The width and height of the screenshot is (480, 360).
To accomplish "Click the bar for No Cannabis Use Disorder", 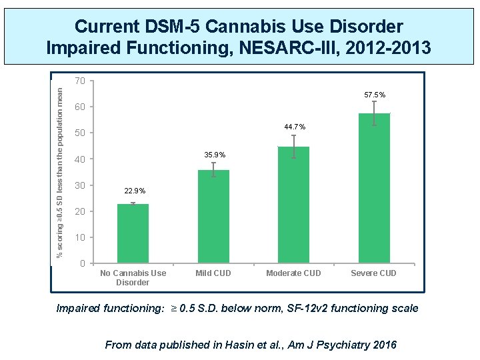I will coord(133,233).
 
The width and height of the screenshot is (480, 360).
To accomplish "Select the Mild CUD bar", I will coord(213,217).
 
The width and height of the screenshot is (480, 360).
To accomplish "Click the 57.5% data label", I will coord(374,95).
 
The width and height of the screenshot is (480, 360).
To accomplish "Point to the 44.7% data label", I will coord(294,127).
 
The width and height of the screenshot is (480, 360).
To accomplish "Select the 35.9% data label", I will coord(214,155).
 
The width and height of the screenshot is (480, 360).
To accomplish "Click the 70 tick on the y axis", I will coord(79,81).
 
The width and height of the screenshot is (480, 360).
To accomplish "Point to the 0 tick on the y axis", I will coord(82,263).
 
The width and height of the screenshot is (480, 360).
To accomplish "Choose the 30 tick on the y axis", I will coord(79,185).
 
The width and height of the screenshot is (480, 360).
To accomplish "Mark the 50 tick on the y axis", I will coord(79,133).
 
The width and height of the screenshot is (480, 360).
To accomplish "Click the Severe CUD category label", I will coord(374,273).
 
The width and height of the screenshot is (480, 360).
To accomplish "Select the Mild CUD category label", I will coord(213,273).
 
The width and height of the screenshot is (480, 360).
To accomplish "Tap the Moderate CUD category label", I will coord(293,273).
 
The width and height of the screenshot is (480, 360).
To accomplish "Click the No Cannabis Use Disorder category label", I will coord(133,277).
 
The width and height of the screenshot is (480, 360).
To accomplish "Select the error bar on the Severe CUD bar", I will coord(374,113).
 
